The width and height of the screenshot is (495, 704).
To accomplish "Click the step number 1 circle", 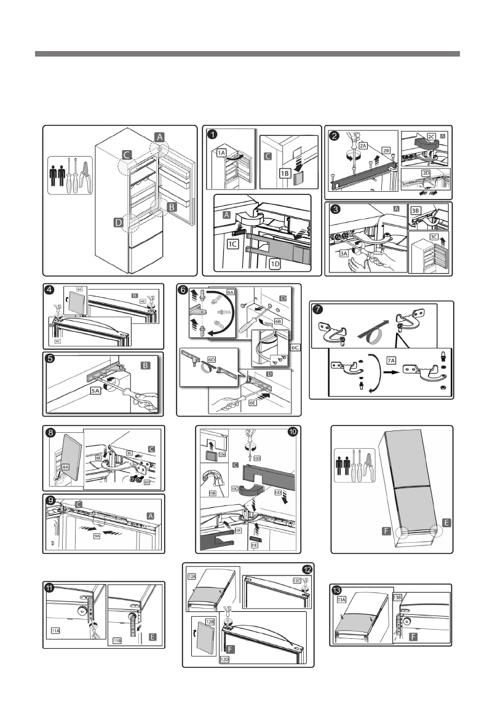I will [212, 133].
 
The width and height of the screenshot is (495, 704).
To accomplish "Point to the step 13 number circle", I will [337, 591].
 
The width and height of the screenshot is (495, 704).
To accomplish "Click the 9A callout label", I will [97, 536].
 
